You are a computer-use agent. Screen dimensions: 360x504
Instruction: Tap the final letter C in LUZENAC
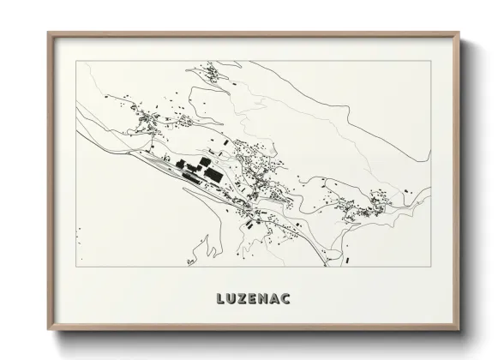click(x=288, y=299)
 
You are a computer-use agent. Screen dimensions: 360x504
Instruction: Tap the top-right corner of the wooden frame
click(x=459, y=33)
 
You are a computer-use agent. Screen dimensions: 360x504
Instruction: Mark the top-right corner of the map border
click(x=431, y=61)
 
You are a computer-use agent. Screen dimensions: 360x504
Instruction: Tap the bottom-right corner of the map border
click(x=431, y=267)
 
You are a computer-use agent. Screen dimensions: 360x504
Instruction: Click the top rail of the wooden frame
click(x=254, y=34)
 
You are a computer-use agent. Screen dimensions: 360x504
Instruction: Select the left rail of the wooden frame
click(x=50, y=182)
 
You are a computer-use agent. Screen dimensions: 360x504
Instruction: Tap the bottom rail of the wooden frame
click(x=254, y=330)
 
